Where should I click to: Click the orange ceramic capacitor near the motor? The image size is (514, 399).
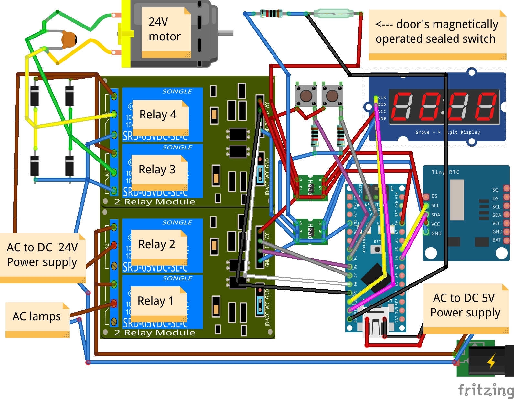[69, 39]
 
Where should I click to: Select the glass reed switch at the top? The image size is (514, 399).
[333, 14]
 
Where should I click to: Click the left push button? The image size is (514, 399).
[306, 96]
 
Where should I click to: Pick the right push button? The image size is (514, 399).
[332, 96]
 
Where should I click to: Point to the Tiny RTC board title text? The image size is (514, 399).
[445, 172]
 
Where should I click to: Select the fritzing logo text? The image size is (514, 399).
[486, 390]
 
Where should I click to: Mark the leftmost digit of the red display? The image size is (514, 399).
[402, 105]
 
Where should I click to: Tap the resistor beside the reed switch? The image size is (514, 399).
[271, 14]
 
